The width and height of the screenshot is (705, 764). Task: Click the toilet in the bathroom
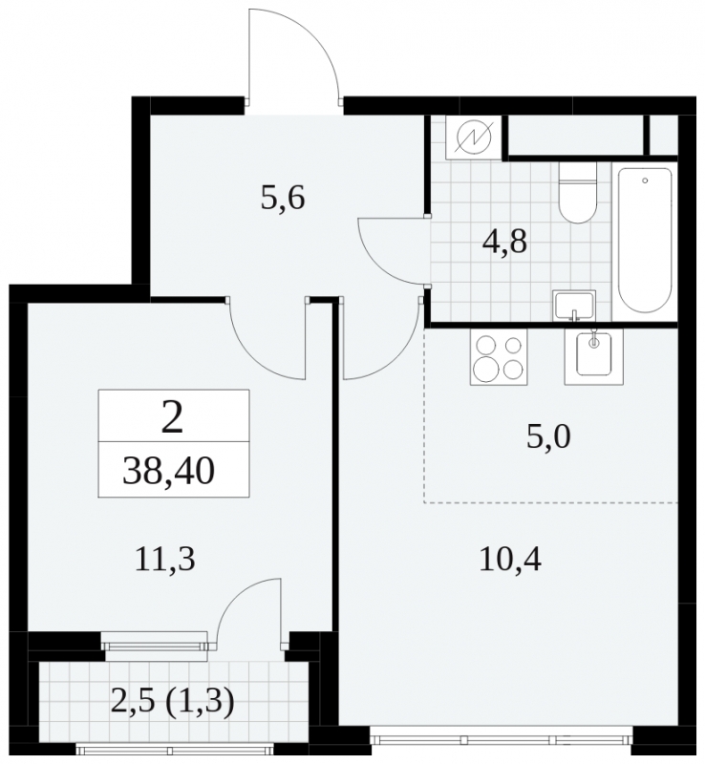point(577,193)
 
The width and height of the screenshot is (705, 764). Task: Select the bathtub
point(645,241)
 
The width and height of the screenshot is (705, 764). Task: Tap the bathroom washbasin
point(573,306)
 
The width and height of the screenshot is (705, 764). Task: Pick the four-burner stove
point(499,356)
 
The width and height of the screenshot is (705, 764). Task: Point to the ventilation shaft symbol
point(474,136)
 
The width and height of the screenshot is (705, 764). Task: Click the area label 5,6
point(283,199)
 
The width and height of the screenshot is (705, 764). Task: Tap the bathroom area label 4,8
point(504,242)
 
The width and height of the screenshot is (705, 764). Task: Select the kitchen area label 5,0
point(548,436)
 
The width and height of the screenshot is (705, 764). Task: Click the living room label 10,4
point(510,560)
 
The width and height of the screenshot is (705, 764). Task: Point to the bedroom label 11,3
point(165,560)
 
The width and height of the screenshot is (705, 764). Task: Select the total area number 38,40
point(168,472)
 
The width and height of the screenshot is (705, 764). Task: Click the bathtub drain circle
point(645,180)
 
